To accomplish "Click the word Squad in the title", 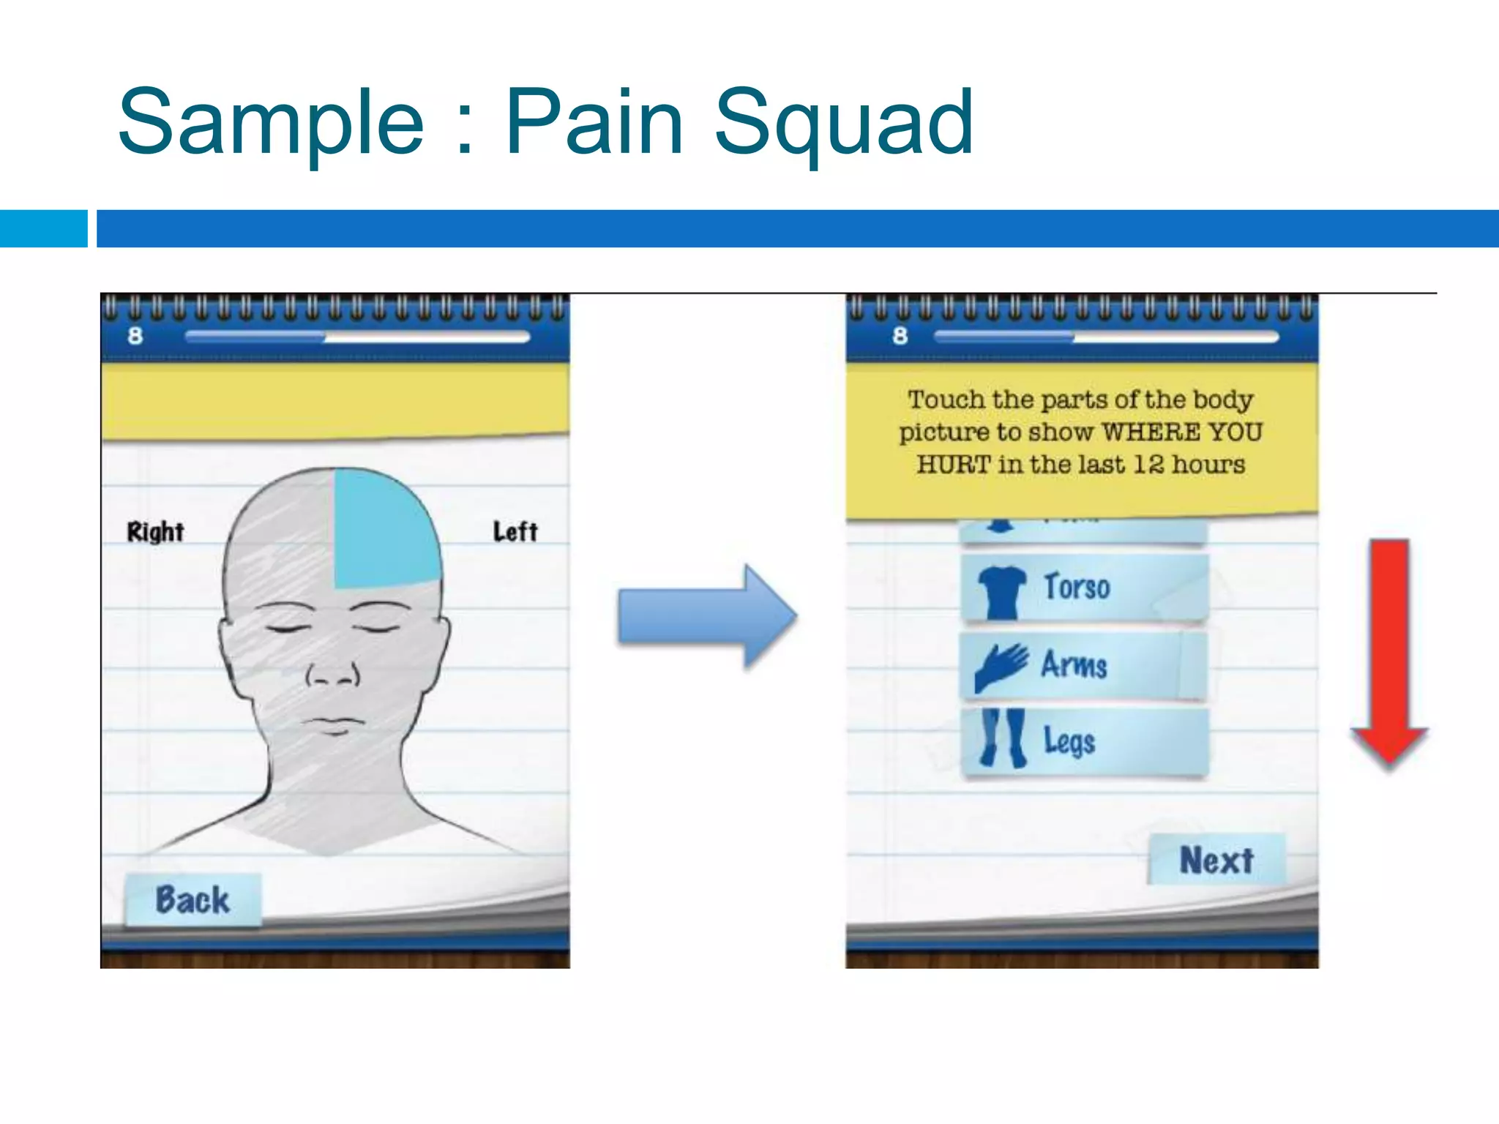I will [x=843, y=124].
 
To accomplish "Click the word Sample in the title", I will [x=271, y=124].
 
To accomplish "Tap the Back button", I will [x=192, y=900].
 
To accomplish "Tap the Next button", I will [x=1216, y=860].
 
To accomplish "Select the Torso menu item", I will [x=1084, y=588].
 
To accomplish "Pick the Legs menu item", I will [x=1084, y=741].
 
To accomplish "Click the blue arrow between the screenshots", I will [x=706, y=617].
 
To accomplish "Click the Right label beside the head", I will [x=155, y=532].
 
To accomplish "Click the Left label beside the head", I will [x=515, y=532].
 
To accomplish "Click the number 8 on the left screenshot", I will [x=135, y=336].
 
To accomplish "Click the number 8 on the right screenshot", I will [x=900, y=336].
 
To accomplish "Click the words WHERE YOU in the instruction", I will [x=1181, y=432].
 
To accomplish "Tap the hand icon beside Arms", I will [x=1001, y=667].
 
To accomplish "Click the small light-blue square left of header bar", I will [x=43, y=228].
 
